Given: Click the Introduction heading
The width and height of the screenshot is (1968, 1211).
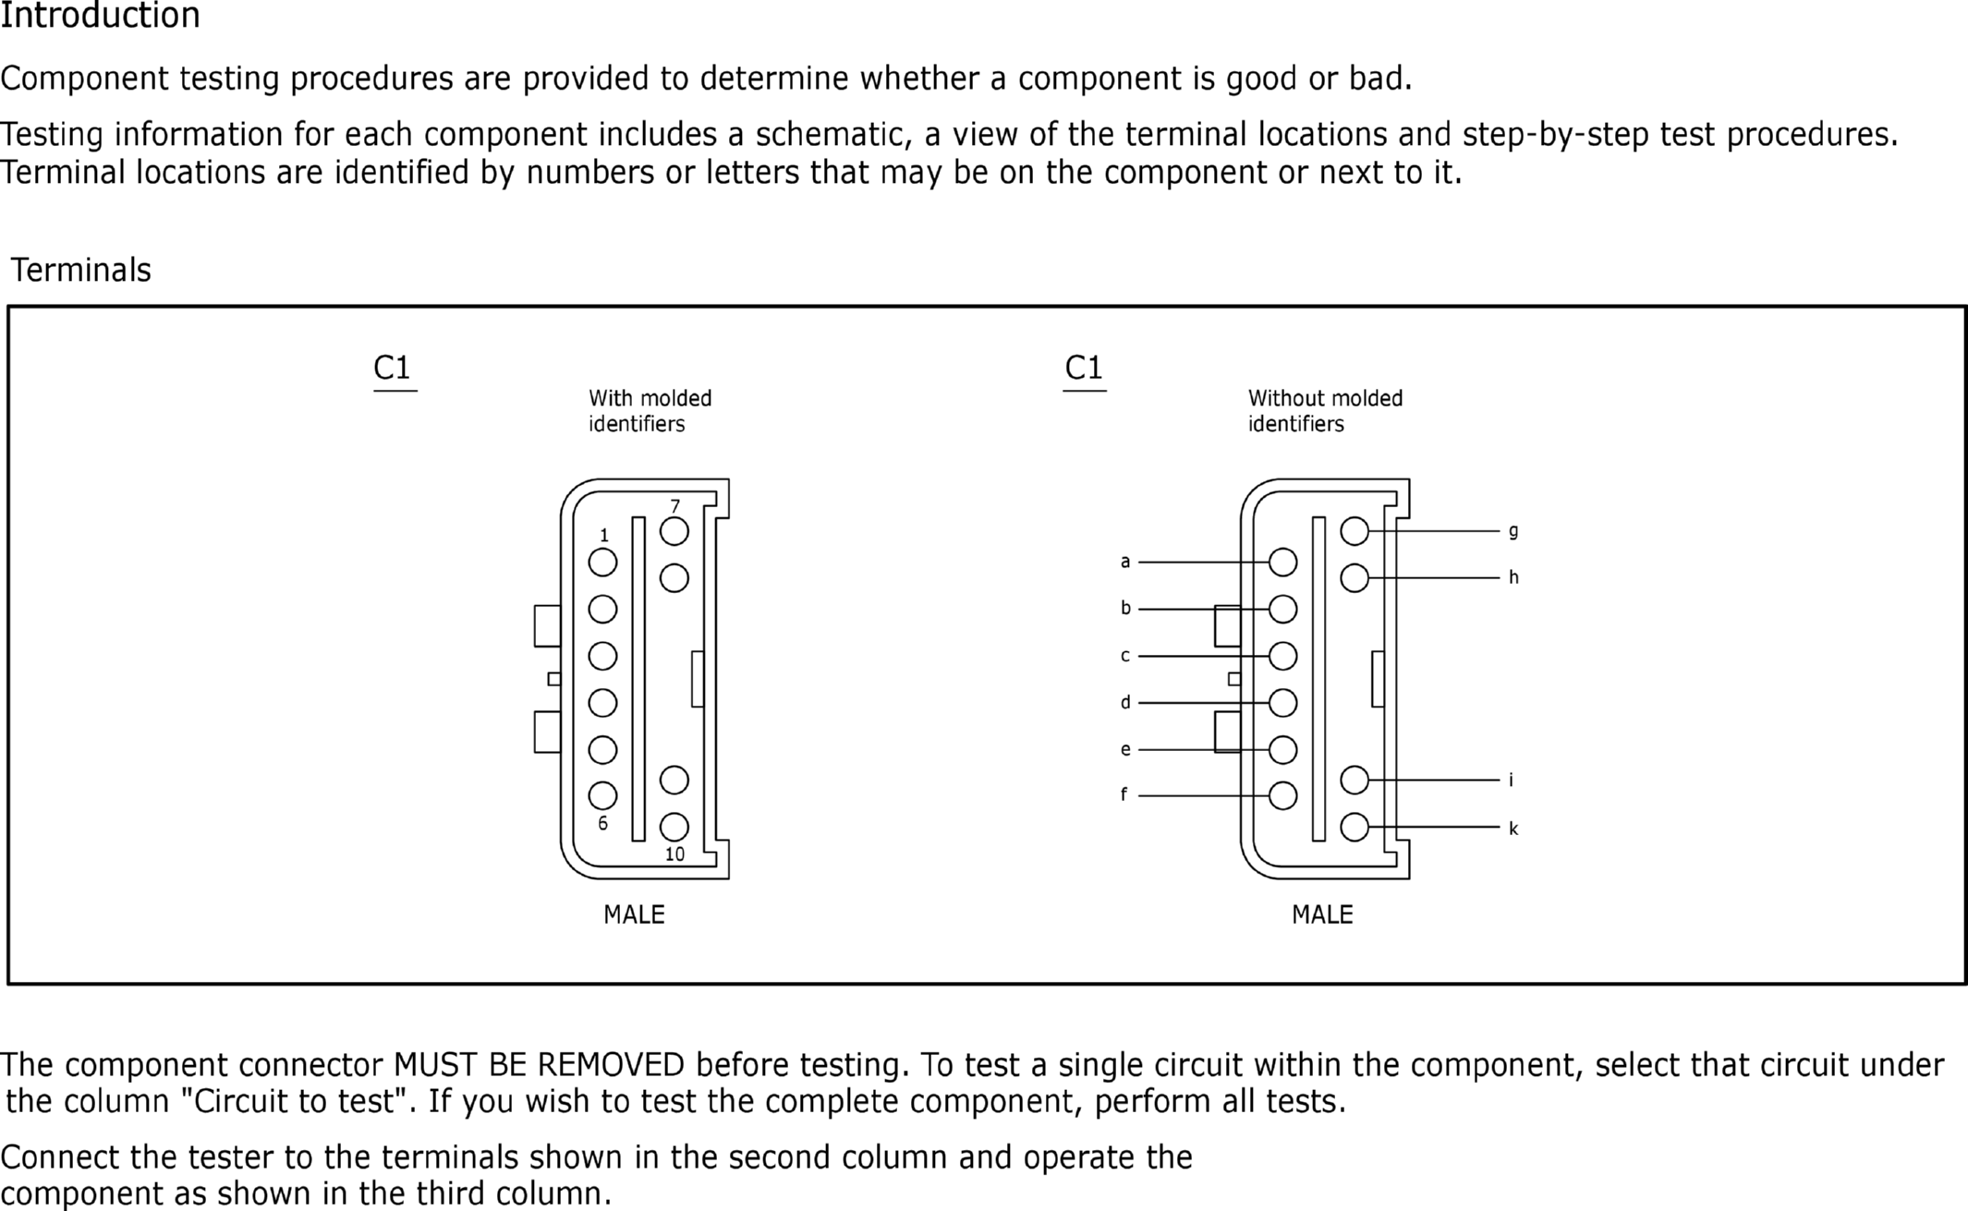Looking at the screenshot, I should coord(100,17).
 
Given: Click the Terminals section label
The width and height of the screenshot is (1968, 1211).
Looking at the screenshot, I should coord(80,270).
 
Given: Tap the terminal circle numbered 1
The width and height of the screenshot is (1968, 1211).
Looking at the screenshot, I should coord(602,562).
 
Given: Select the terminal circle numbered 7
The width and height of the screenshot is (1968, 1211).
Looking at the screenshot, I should coord(674,531).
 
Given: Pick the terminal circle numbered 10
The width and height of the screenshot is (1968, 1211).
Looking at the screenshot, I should coord(674,826).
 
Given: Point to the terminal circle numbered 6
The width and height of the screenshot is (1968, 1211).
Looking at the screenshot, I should coord(602,794).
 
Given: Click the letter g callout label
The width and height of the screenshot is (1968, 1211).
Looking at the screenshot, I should coord(1512,531).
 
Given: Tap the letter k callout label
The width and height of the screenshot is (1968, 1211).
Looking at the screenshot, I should coord(1512,829).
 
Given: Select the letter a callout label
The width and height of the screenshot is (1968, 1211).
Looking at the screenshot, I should coord(1124,562).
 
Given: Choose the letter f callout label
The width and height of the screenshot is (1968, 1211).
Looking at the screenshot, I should coord(1124,794).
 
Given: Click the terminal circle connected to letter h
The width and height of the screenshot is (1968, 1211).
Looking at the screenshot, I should coord(1354,578).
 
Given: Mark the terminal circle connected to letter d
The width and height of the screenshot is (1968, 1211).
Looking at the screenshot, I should coord(1282,702).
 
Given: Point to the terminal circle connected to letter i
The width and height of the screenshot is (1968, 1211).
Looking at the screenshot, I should coord(1354,780).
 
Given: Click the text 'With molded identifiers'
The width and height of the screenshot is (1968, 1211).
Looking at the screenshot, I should coord(650,411).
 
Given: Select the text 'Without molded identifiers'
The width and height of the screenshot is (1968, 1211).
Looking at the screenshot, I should coord(1324,411).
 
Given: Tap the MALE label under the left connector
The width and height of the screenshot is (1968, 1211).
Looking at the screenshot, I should coord(634,914).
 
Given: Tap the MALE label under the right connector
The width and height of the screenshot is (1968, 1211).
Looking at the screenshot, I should coord(1322,914).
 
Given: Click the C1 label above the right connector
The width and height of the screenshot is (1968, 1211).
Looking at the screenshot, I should coord(1084,368).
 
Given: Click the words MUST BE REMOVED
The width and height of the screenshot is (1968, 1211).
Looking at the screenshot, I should coord(539,1065).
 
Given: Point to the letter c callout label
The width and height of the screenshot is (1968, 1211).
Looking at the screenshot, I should coord(1124,656).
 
